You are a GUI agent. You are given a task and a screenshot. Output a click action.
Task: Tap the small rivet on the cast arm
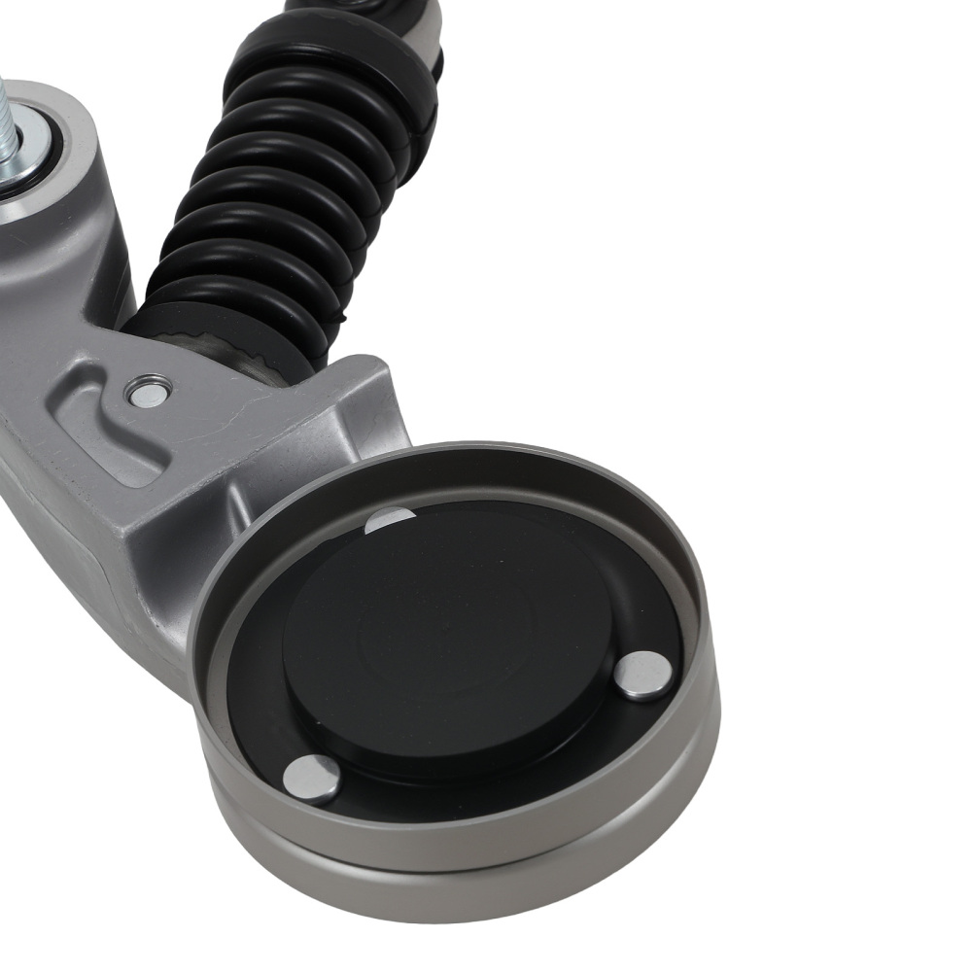(149, 394)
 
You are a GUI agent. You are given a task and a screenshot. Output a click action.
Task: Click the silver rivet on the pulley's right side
(643, 675)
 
